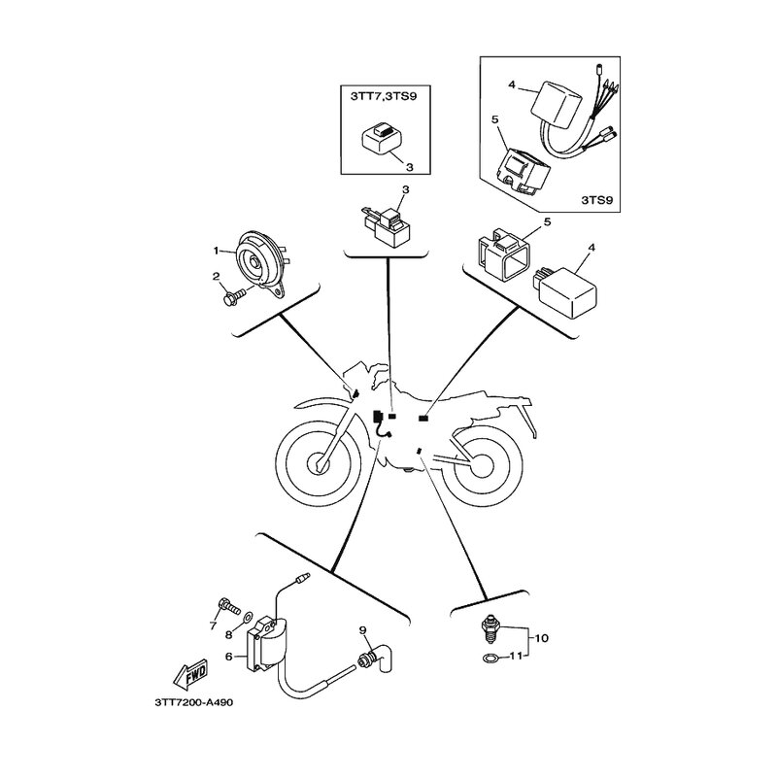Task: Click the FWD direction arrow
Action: click(x=190, y=675)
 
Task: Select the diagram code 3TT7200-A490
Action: click(x=193, y=702)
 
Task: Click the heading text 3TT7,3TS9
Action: click(x=384, y=96)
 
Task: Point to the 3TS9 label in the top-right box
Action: click(x=596, y=200)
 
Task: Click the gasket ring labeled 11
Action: click(x=490, y=659)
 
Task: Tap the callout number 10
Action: click(x=542, y=638)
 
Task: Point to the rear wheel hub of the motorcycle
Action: click(x=482, y=465)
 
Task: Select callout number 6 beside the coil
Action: click(x=228, y=657)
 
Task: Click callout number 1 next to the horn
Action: click(x=216, y=252)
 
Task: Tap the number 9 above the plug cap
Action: click(x=362, y=629)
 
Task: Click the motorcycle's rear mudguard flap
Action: click(x=530, y=420)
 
